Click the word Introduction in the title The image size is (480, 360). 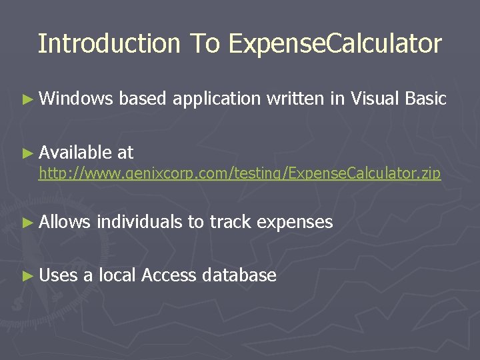(109, 44)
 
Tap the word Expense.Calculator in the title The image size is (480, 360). (335, 44)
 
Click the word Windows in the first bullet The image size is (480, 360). (77, 99)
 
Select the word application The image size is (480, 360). (216, 100)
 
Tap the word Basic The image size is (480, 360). (425, 99)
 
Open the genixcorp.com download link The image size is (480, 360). (239, 174)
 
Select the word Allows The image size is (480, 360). (65, 222)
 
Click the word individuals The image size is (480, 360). (139, 222)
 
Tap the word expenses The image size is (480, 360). (295, 223)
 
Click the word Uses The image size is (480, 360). (59, 275)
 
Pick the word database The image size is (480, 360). (239, 275)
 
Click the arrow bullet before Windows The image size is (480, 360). (27, 100)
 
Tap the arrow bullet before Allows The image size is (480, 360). (27, 223)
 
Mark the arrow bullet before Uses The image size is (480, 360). (27, 276)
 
